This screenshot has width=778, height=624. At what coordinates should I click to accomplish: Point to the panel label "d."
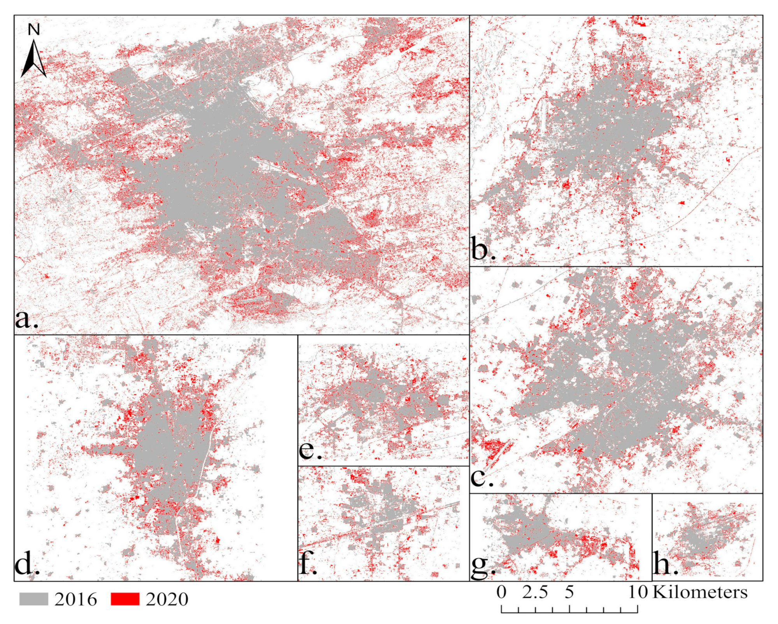click(26, 564)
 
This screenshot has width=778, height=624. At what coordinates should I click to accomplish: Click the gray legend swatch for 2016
click(34, 599)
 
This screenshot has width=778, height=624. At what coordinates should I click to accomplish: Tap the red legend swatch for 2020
click(125, 599)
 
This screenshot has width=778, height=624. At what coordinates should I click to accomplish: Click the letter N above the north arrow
click(34, 30)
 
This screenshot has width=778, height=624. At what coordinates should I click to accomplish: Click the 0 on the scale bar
click(502, 592)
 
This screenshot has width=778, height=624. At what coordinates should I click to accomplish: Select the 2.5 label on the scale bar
click(535, 592)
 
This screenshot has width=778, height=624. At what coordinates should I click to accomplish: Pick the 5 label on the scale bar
click(569, 592)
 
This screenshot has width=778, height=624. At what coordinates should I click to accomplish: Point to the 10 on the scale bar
click(638, 592)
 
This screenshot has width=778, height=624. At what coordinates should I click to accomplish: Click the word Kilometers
click(700, 592)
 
